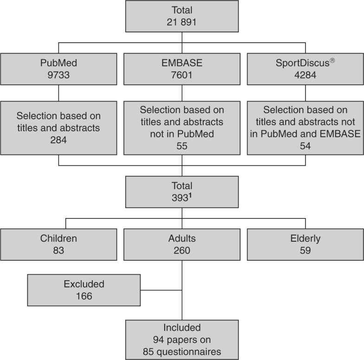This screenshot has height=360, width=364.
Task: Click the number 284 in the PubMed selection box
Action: pos(58,138)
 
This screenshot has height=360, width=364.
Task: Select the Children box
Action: pos(58,244)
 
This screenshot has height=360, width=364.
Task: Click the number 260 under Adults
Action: pos(182,250)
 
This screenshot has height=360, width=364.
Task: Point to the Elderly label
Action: pos(305,239)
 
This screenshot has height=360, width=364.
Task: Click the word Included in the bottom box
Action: pos(182,328)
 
